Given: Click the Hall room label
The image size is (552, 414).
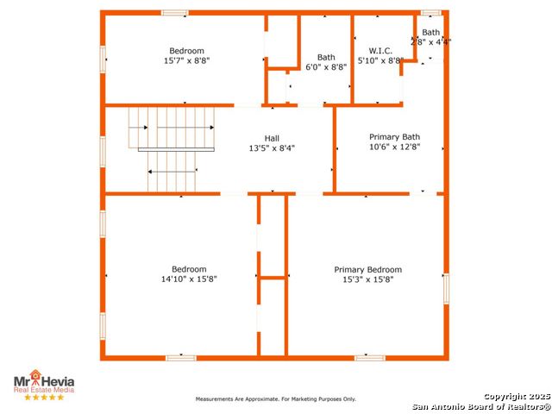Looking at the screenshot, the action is point(272,138).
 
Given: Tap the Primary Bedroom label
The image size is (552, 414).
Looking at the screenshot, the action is point(368,270).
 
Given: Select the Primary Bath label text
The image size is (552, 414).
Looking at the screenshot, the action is point(394,137).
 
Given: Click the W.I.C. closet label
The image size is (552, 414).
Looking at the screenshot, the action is point(380,51).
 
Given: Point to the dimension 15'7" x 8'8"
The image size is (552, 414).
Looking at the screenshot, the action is point(186,60).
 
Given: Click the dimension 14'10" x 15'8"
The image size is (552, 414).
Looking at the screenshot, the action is point(189,279).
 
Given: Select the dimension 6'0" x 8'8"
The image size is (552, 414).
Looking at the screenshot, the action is point(326,67).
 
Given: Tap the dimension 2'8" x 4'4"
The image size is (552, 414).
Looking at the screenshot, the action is point(431,42).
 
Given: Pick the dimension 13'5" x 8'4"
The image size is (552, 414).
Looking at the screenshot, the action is point(272,148).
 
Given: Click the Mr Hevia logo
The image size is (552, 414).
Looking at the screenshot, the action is point(44,381).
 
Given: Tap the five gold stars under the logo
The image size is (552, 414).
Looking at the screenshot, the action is point(44,397).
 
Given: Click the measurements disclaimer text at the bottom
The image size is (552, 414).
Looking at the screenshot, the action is point(276,398).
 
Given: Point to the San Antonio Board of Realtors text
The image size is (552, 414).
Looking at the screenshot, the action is point(481,406).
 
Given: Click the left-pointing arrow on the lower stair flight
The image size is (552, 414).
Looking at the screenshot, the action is point(172,172).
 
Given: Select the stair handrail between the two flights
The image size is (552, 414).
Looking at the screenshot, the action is point(176,149).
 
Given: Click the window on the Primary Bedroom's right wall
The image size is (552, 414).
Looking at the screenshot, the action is point(446,289).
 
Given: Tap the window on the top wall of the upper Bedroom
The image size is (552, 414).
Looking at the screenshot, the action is point(175,13).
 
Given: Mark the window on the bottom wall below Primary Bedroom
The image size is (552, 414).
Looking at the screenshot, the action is point(370,358).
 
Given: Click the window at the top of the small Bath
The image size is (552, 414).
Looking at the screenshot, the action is point(431,13).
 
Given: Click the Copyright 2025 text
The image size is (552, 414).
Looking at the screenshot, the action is point(517,397).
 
